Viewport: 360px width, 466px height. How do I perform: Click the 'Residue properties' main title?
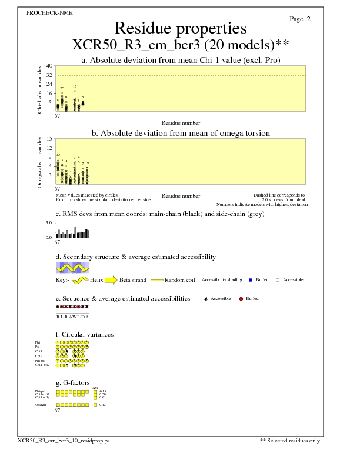[180, 28]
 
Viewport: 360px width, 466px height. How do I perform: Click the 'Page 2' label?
[300, 19]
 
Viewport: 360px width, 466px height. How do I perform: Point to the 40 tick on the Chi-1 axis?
[50, 66]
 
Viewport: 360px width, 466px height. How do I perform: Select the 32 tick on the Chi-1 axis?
[50, 75]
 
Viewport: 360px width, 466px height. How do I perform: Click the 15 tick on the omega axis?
[50, 139]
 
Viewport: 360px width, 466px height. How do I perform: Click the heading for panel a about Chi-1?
[180, 60]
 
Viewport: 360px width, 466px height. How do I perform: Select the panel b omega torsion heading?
[180, 133]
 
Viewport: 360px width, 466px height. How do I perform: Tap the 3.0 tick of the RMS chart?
[49, 224]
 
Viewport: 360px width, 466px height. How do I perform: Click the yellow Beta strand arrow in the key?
[111, 280]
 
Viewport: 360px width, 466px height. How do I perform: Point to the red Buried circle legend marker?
[241, 299]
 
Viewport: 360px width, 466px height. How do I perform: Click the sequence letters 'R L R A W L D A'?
[72, 317]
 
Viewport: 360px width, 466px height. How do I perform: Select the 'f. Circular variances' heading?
[84, 334]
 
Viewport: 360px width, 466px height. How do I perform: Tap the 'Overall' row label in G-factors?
[41, 405]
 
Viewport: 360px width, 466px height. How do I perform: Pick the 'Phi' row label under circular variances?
[38, 342]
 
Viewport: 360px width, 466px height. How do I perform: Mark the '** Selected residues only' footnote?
[290, 440]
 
